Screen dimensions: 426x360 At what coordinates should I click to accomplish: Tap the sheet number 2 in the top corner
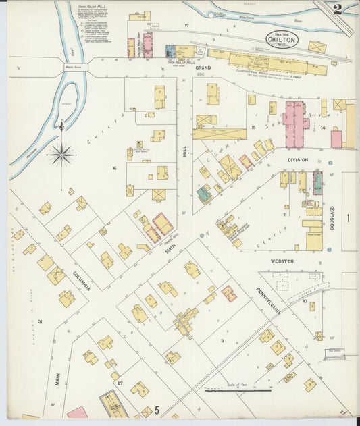[337, 9]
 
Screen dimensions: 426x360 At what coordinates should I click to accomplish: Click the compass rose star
[61, 155]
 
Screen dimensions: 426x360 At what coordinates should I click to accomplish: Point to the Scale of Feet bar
[238, 389]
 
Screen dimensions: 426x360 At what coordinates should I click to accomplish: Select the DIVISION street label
[298, 160]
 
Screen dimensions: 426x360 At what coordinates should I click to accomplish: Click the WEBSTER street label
[282, 261]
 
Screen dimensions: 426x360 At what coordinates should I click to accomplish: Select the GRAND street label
[203, 68]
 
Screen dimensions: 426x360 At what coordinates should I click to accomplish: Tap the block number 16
[115, 168]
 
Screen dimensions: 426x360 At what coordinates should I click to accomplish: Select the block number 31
[40, 321]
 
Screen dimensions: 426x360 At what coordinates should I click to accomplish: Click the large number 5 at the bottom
[157, 409]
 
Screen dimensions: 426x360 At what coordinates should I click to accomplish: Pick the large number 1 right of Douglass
[349, 218]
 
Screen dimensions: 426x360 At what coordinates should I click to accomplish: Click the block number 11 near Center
[285, 215]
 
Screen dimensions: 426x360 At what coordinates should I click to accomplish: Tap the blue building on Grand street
[170, 51]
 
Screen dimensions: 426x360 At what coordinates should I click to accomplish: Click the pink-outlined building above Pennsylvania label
[229, 293]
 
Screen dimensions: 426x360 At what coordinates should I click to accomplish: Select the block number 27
[120, 383]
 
